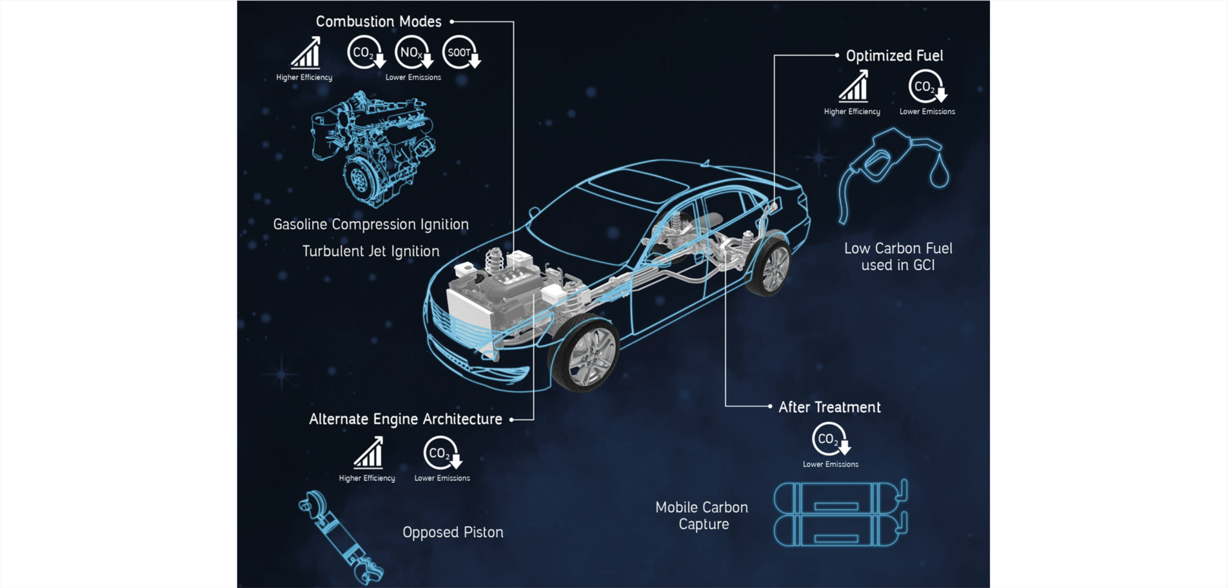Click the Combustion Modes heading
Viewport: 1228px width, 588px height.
pyautogui.click(x=378, y=22)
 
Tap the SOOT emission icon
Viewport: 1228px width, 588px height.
pyautogui.click(x=460, y=52)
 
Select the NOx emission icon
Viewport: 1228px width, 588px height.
pyautogui.click(x=413, y=52)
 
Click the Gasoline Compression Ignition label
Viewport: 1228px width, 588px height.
pyautogui.click(x=371, y=224)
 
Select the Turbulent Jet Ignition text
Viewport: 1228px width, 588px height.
pyautogui.click(x=371, y=251)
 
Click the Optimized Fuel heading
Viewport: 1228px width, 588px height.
pyautogui.click(x=894, y=56)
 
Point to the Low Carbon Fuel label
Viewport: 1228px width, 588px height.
pyautogui.click(x=898, y=257)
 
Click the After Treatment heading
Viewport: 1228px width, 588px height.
pyautogui.click(x=829, y=407)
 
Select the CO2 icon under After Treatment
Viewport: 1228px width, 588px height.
pyautogui.click(x=829, y=439)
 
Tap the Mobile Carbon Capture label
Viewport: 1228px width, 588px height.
pyautogui.click(x=702, y=515)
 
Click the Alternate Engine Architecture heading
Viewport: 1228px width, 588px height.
pyautogui.click(x=405, y=419)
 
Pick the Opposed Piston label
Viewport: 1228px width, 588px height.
pyautogui.click(x=453, y=532)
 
